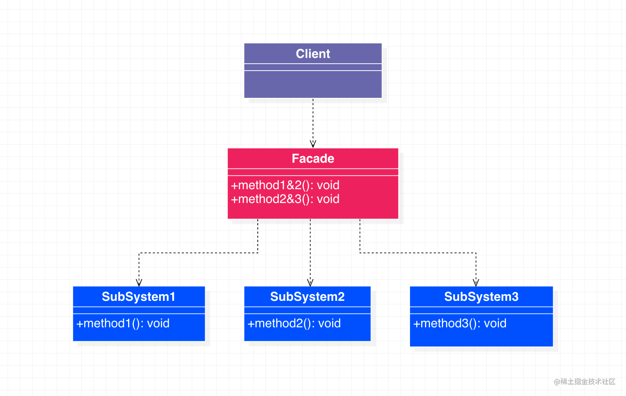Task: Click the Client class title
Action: (313, 54)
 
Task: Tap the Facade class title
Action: (313, 158)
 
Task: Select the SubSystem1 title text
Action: (138, 297)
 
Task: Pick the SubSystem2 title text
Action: (307, 297)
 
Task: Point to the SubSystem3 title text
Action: (481, 297)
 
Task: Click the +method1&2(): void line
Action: (285, 185)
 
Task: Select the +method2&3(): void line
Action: (285, 199)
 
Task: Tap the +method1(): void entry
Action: (123, 323)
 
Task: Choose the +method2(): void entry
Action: (294, 323)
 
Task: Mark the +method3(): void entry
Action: (460, 323)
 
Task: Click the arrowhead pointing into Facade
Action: (313, 144)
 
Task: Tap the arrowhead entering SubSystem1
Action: (139, 283)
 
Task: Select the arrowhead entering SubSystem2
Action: (310, 283)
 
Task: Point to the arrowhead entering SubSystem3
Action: (476, 283)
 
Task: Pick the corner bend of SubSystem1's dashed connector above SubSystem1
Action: (139, 253)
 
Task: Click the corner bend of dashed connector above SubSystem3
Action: (476, 253)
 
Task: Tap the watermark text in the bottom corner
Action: (585, 381)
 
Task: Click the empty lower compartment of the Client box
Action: (313, 84)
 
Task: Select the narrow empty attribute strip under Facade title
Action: (313, 172)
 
